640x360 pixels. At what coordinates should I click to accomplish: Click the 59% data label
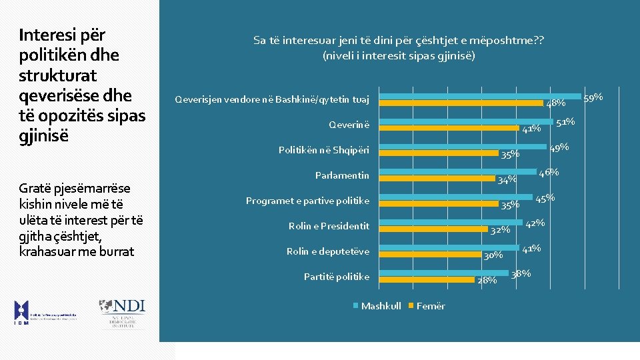point(593,98)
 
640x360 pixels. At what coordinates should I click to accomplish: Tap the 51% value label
point(565,122)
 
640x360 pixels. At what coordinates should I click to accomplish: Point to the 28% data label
point(487,280)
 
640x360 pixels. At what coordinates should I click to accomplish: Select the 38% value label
point(521,273)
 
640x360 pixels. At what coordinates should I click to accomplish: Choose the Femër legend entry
point(430,306)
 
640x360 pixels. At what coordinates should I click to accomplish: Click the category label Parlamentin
point(342,175)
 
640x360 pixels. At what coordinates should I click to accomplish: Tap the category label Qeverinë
point(349,125)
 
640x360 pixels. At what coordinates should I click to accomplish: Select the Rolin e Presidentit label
point(329,226)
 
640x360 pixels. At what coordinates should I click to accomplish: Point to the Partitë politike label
point(336,277)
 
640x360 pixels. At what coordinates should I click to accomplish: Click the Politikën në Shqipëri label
point(323,150)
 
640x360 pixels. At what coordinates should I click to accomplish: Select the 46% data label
point(549,173)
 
